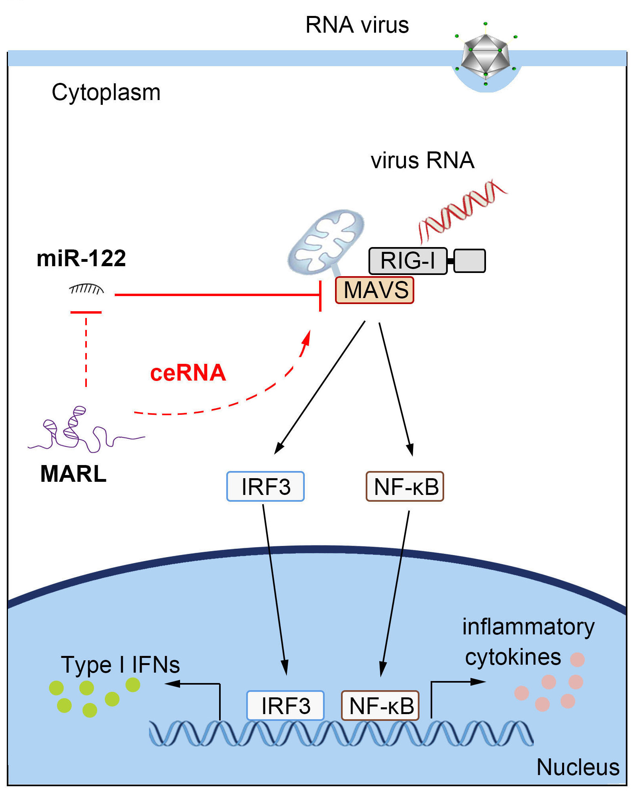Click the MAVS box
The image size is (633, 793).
pyautogui.click(x=374, y=290)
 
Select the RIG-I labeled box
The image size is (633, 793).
pyautogui.click(x=408, y=261)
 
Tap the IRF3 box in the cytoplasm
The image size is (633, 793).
pyautogui.click(x=265, y=487)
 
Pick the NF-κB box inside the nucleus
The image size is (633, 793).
pyautogui.click(x=380, y=706)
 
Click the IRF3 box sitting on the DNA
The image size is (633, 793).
pyautogui.click(x=285, y=706)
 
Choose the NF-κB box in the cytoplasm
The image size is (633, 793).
pyautogui.click(x=405, y=487)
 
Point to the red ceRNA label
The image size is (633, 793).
pyautogui.click(x=188, y=373)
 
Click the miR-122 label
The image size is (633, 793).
pyautogui.click(x=81, y=258)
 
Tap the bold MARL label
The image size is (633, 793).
pyautogui.click(x=74, y=474)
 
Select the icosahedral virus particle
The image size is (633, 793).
pyautogui.click(x=485, y=56)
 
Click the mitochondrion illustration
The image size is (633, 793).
pyautogui.click(x=326, y=241)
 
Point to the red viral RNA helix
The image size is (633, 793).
pyautogui.click(x=462, y=210)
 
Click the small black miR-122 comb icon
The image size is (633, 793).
pyautogui.click(x=86, y=289)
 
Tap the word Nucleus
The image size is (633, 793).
pyautogui.click(x=578, y=767)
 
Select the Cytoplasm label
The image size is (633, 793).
pyautogui.click(x=106, y=92)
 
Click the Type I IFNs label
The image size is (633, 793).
pyautogui.click(x=120, y=665)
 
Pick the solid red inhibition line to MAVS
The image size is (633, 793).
pyautogui.click(x=217, y=295)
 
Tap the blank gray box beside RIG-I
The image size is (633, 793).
pyautogui.click(x=470, y=261)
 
